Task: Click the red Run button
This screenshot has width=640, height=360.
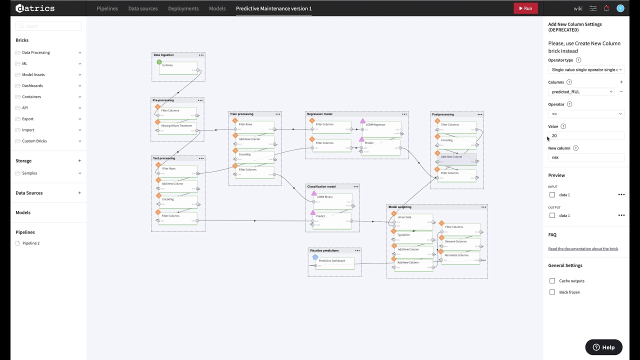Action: [x=525, y=8]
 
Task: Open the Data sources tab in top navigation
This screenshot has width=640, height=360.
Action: [x=142, y=8]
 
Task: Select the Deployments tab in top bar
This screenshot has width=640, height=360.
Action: [x=183, y=8]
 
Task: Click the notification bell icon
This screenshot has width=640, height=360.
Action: [x=606, y=8]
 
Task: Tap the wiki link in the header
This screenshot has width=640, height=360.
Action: [x=578, y=8]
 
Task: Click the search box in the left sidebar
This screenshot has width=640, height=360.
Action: [x=48, y=26]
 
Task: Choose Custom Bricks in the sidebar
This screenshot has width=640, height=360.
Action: [x=34, y=141]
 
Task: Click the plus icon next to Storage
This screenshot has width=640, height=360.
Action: [x=79, y=161]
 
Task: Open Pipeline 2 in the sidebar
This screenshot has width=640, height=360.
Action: [x=31, y=243]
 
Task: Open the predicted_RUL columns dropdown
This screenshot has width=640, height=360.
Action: [x=582, y=92]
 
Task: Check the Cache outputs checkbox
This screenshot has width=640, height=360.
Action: [x=552, y=281]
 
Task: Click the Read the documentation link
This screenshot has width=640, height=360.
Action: [x=583, y=249]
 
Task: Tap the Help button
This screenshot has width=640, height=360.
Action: [x=603, y=347]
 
